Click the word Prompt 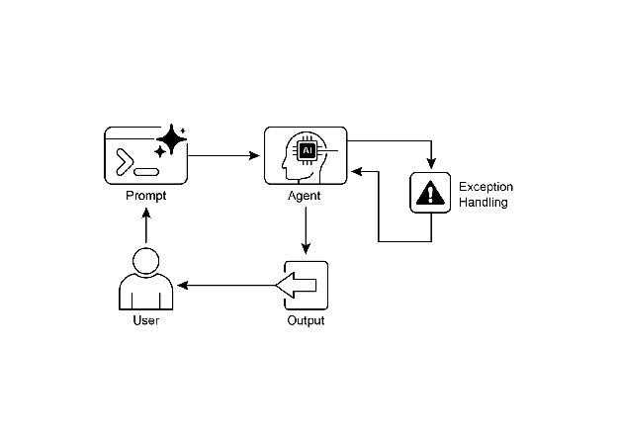coord(145,195)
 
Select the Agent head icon coord(306,155)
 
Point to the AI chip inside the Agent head coord(307,150)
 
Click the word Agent coord(304,196)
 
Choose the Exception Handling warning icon coord(430,193)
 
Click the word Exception coord(485,186)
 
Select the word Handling coord(484,203)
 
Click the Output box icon coord(306,286)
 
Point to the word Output coord(306,321)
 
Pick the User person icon coord(145,280)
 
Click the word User coord(145,321)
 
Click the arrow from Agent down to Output coord(306,232)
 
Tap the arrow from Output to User coord(227,286)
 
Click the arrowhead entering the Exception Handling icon coord(430,165)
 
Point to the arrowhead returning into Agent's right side coord(357,171)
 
